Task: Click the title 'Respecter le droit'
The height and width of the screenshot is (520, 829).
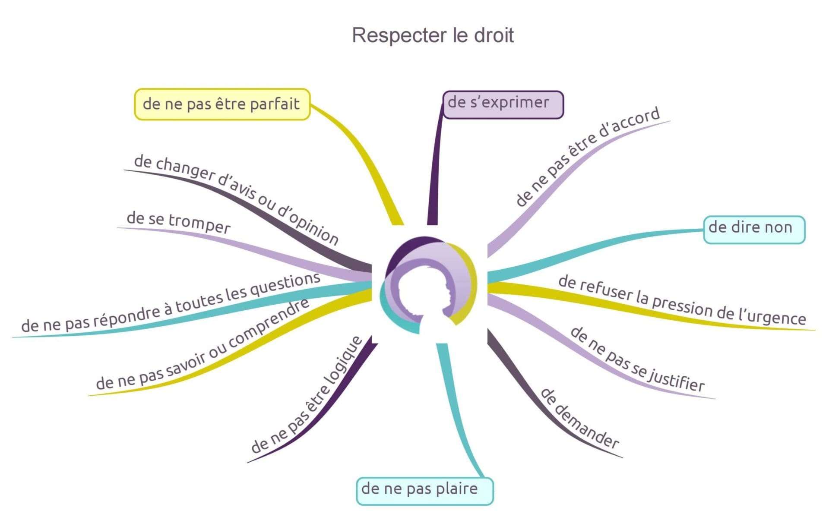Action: pos(433,35)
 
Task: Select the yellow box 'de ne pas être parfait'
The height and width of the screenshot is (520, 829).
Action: pos(222,104)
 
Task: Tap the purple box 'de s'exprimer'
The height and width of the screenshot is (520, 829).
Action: pos(503,104)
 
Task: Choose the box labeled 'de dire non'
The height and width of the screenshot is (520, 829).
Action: pos(754,230)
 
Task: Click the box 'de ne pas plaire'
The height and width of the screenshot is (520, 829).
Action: pos(424,491)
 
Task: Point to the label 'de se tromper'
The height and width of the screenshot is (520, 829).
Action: pos(179,222)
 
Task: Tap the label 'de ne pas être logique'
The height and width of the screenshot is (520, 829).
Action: pos(306,394)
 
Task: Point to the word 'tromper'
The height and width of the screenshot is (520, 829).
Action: pos(199,225)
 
